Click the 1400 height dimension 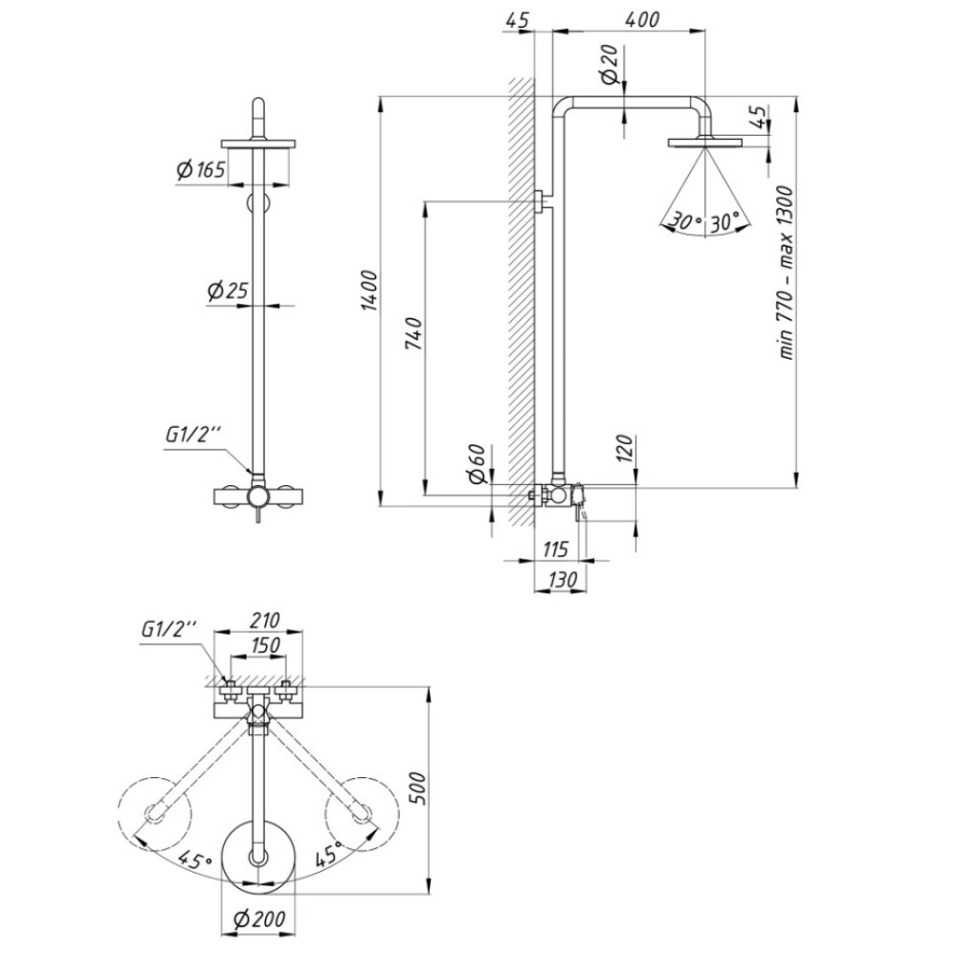369,291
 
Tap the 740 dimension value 414,333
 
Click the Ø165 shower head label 201,169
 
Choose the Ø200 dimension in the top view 259,919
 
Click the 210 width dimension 264,619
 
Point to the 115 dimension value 555,548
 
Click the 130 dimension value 562,578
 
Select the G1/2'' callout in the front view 192,435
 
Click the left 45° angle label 194,860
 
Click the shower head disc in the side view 705,143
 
